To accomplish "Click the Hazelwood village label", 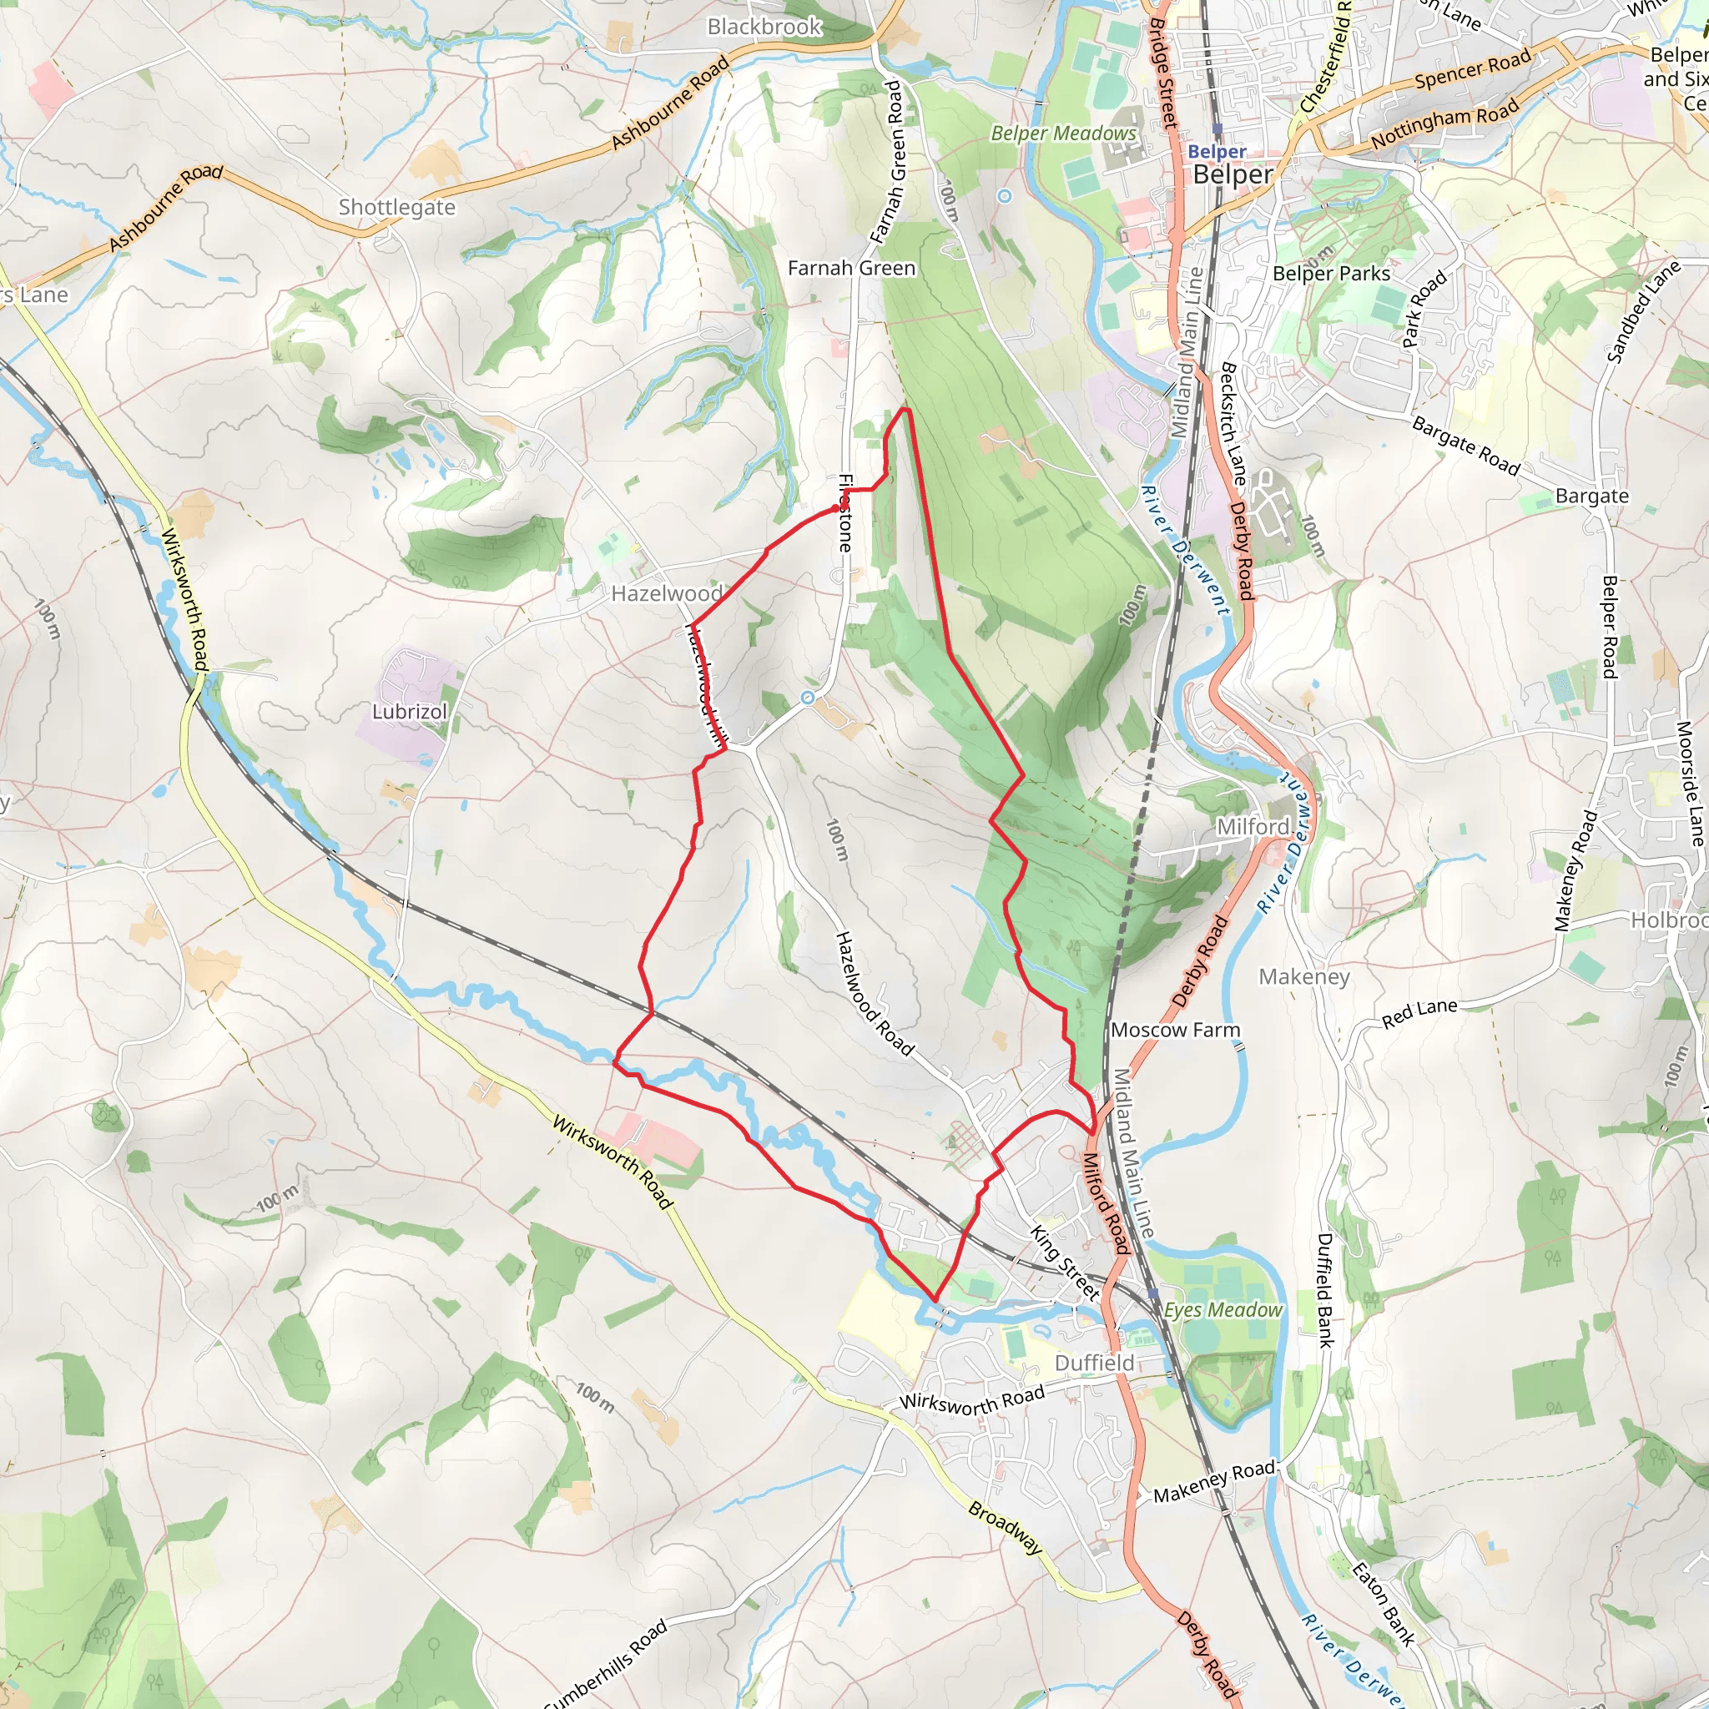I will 666,593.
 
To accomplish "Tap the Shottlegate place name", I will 396,208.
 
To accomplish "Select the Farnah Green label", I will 851,268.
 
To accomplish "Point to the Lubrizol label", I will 409,712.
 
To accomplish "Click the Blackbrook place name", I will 764,28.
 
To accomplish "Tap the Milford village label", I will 1253,826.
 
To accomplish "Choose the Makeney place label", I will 1304,976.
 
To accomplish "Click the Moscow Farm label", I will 1175,1030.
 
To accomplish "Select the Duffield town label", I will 1094,1364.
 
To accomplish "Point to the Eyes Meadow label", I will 1223,1310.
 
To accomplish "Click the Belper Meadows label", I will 1063,134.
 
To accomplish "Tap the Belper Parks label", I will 1330,275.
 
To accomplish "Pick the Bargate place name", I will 1591,497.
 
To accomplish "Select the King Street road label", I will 1065,1263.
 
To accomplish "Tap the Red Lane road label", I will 1419,1014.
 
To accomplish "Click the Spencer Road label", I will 1472,71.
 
